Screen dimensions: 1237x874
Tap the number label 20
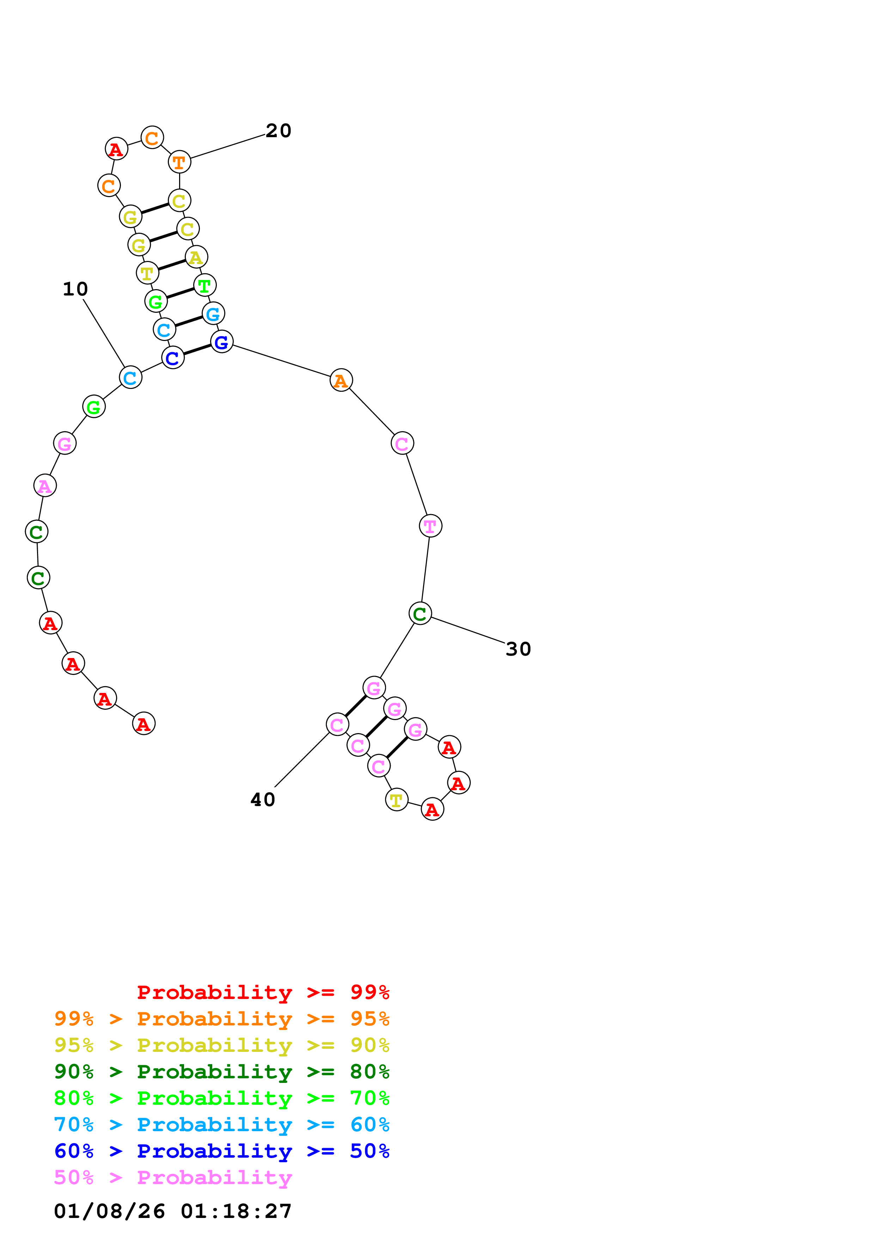point(279,131)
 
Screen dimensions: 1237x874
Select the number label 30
point(518,649)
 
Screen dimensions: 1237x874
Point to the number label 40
point(262,799)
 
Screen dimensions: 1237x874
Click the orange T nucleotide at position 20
point(179,162)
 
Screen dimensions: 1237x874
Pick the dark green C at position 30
point(420,613)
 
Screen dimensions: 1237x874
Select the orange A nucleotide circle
point(341,380)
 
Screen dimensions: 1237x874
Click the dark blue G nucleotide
point(222,342)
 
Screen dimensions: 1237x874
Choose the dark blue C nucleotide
point(173,358)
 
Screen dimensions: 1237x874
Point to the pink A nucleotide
point(45,486)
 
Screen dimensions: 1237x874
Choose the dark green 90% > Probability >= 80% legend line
point(221,1072)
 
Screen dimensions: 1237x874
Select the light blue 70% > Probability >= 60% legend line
point(221,1125)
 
